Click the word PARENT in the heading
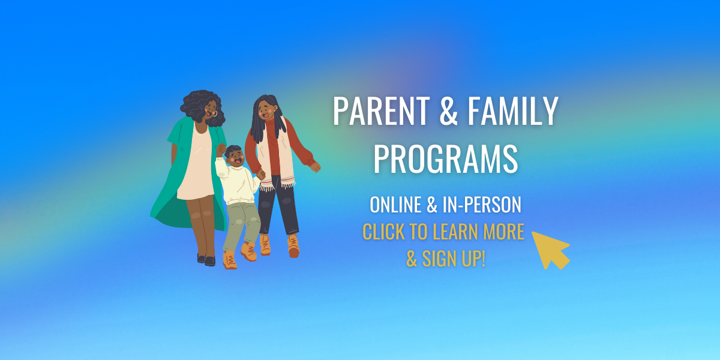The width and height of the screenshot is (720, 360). point(381,111)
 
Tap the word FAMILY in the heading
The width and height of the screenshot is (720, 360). point(512,111)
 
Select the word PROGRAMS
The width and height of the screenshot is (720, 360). point(445,159)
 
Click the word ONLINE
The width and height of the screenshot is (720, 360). point(395,205)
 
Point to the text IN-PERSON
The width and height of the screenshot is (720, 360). point(482,205)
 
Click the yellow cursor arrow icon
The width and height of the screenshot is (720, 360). point(551,250)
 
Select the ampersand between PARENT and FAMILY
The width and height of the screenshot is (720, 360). point(448,111)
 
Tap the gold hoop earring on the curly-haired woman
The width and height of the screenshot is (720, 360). point(215,113)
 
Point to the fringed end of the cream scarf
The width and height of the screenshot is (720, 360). point(287,183)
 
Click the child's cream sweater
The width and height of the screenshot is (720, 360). point(238,182)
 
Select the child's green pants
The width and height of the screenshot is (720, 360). point(242,224)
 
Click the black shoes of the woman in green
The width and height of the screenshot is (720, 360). point(206,259)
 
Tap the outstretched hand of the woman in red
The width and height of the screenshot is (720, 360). point(316,167)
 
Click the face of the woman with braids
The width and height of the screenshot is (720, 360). point(266,110)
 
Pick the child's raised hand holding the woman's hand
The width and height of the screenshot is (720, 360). point(221,150)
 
